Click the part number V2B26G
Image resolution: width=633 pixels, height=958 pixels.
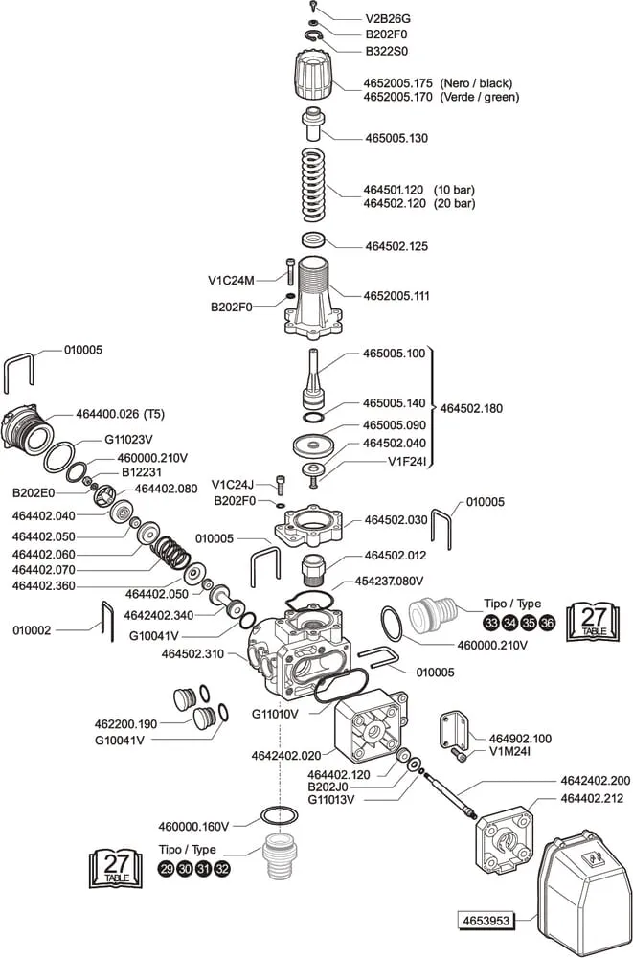tap(387, 18)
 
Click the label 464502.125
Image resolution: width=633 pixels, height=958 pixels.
tap(396, 246)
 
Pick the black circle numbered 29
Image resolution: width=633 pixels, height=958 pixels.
tap(166, 869)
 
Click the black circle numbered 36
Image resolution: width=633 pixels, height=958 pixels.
tap(547, 623)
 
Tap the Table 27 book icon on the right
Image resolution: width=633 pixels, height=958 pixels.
tap(594, 621)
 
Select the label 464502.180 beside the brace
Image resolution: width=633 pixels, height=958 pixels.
tap(471, 408)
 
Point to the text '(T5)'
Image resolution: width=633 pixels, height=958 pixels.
tap(154, 414)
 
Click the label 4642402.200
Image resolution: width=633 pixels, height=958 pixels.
tap(595, 781)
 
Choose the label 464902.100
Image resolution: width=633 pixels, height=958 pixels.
tap(520, 738)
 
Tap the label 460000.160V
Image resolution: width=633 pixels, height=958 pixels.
tap(193, 826)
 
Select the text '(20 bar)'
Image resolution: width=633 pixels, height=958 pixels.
tap(455, 204)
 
